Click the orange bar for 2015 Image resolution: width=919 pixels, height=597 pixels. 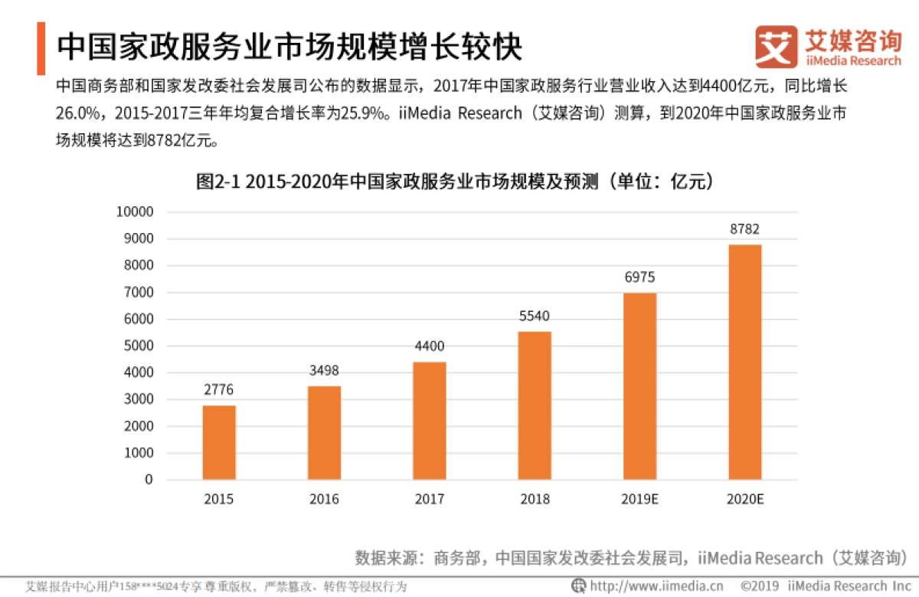click(x=219, y=442)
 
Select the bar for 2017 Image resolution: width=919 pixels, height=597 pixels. click(x=430, y=421)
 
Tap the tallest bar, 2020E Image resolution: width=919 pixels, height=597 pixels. click(x=745, y=362)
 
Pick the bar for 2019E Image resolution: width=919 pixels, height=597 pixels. click(x=639, y=386)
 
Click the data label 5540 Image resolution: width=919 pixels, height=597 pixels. click(x=535, y=317)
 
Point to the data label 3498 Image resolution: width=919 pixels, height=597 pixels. click(x=324, y=371)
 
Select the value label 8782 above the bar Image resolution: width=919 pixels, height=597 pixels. click(x=745, y=229)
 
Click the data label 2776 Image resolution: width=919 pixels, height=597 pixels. click(x=219, y=390)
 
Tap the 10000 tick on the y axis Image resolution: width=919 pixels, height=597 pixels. click(x=135, y=212)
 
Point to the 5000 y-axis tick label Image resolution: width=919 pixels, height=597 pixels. click(x=138, y=346)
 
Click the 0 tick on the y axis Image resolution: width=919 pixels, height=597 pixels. click(x=149, y=480)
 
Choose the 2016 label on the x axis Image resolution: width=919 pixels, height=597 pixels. click(x=324, y=499)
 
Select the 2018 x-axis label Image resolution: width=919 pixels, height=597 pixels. click(x=535, y=499)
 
